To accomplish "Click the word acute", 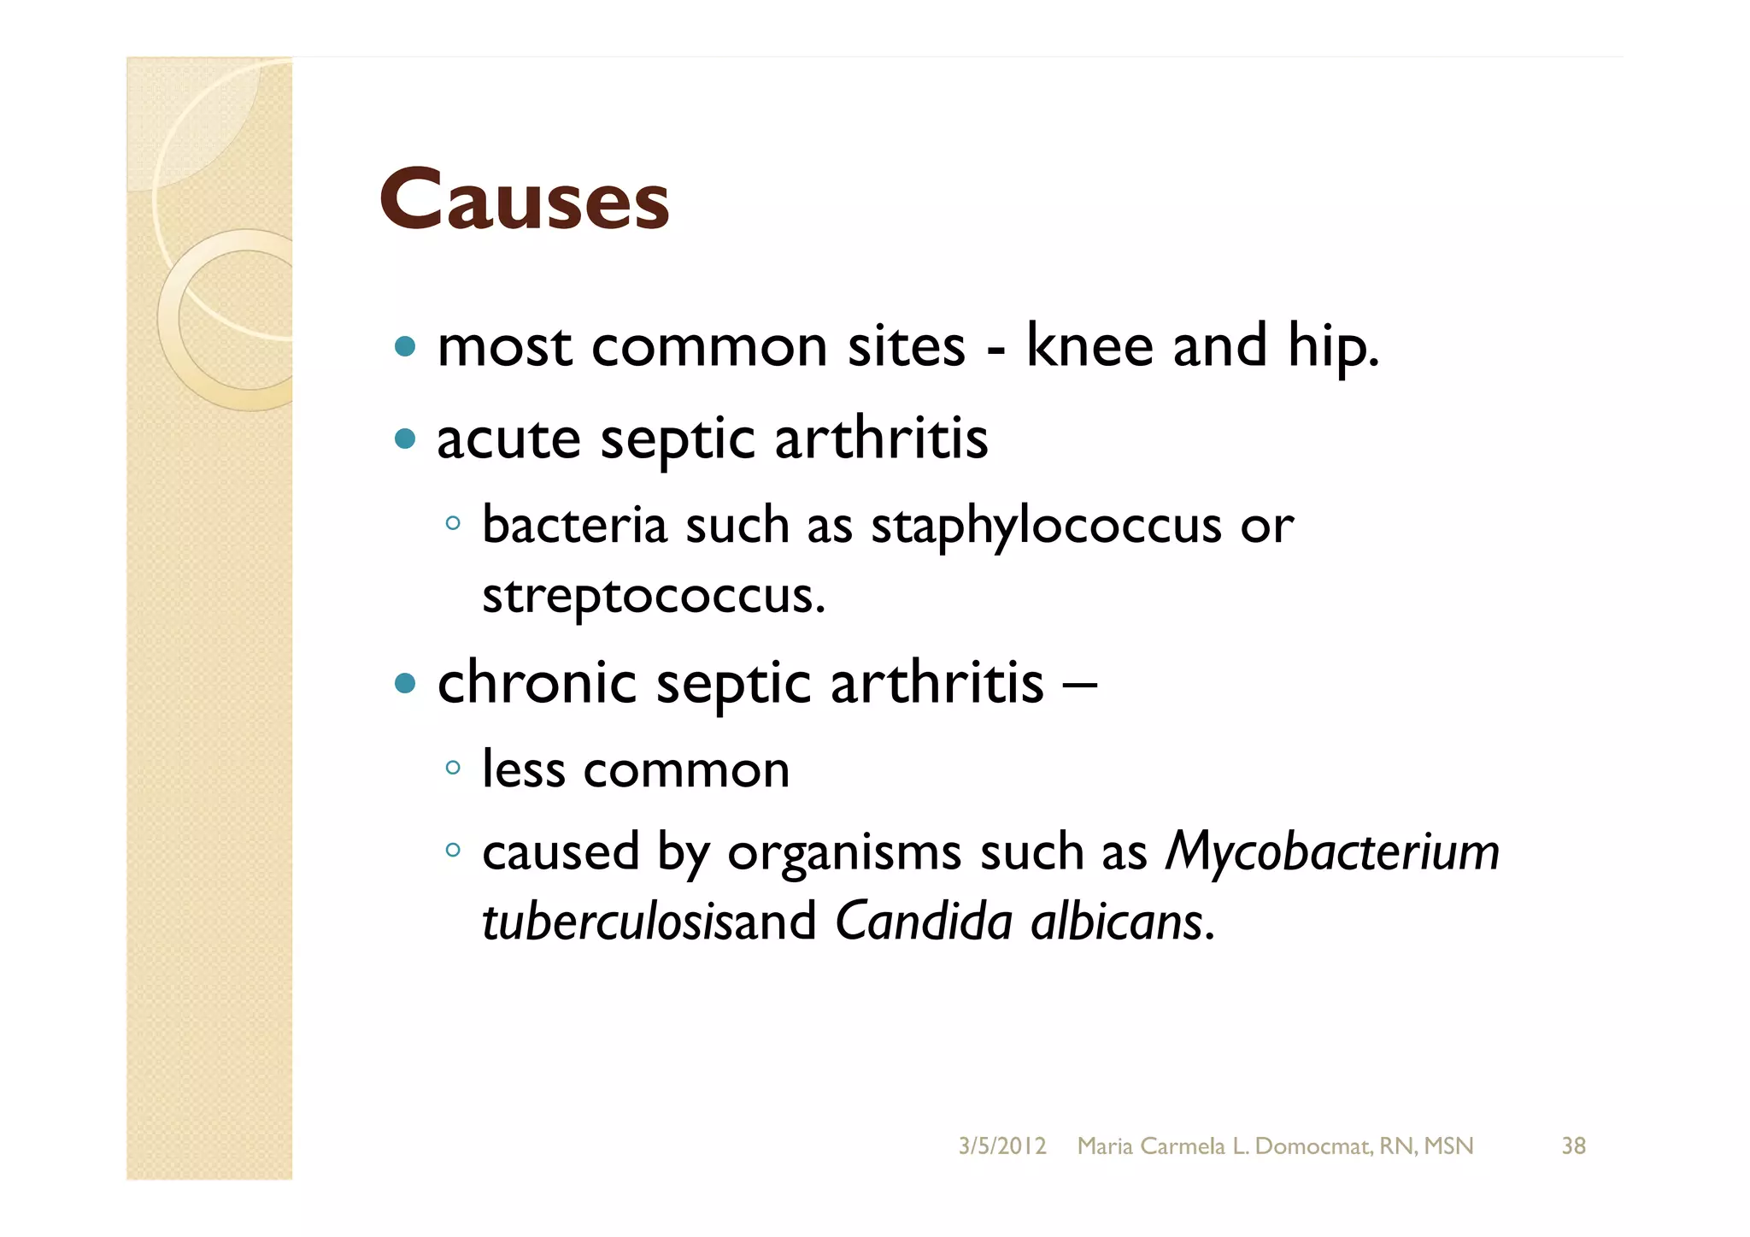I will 508,439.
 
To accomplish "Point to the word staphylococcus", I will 1046,527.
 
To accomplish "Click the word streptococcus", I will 653,597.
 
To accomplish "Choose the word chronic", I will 537,683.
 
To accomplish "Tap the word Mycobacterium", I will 1332,853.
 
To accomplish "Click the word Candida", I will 924,922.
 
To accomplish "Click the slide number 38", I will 1573,1146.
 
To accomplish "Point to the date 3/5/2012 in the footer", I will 1001,1146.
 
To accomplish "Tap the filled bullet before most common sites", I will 406,347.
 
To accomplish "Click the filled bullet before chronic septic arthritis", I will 406,683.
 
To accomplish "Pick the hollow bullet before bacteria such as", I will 453,524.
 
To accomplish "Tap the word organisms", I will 844,853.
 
